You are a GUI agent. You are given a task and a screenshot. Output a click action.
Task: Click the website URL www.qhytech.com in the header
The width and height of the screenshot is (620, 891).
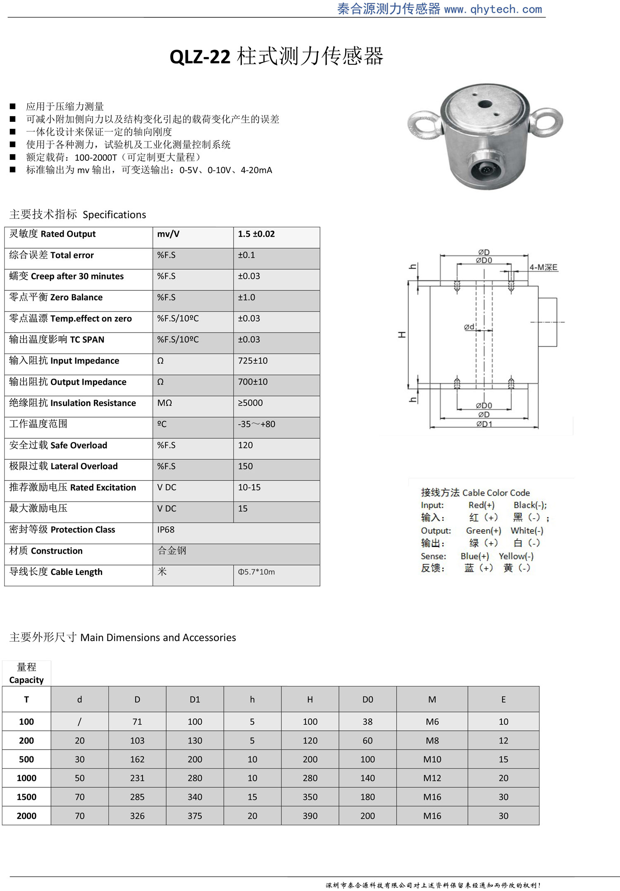493,9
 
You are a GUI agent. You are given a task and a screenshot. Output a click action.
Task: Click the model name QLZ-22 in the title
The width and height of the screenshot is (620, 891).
200,57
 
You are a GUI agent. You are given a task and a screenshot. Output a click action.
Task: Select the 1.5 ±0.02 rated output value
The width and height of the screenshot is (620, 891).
256,234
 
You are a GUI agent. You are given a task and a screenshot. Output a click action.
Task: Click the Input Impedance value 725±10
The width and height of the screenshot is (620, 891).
253,361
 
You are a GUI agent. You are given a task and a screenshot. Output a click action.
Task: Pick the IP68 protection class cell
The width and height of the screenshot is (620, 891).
166,530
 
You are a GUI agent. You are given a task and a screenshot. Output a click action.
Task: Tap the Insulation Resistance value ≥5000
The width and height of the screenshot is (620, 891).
250,403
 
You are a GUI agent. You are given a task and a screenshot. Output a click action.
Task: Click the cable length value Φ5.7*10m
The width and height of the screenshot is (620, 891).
256,572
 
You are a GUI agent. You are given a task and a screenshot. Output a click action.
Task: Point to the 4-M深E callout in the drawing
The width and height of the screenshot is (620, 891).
543,267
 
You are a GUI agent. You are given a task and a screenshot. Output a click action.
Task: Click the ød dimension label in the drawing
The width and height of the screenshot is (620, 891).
469,327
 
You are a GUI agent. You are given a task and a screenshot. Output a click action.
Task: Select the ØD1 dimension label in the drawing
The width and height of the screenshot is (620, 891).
484,424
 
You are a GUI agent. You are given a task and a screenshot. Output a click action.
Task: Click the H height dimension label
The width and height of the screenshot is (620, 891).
401,335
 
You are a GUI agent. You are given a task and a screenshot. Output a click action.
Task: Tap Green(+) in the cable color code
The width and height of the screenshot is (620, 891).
483,531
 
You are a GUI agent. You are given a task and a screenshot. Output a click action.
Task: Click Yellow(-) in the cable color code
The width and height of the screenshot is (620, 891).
516,556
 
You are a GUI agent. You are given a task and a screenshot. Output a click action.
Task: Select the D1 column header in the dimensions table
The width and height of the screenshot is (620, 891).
195,700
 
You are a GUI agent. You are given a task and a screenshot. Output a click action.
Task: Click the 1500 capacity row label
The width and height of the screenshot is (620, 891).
26,797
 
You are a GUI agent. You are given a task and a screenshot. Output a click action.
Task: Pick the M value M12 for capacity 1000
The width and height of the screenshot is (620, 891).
432,778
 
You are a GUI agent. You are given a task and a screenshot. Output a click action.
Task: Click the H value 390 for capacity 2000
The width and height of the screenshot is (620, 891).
310,816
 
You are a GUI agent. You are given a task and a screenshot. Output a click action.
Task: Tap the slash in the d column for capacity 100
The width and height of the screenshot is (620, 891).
79,722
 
